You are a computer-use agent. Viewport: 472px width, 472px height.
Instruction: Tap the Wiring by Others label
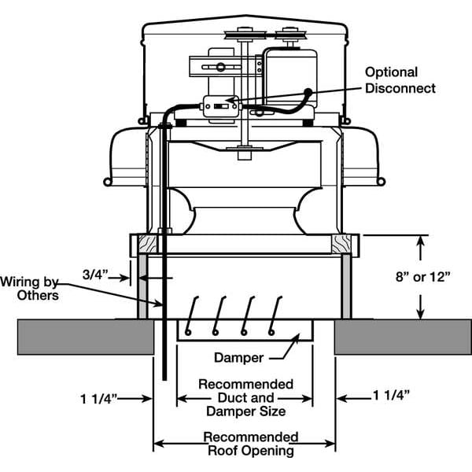(29, 287)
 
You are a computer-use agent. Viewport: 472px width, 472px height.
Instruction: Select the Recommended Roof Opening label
(250, 444)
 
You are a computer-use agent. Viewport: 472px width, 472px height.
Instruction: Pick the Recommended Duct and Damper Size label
(246, 398)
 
